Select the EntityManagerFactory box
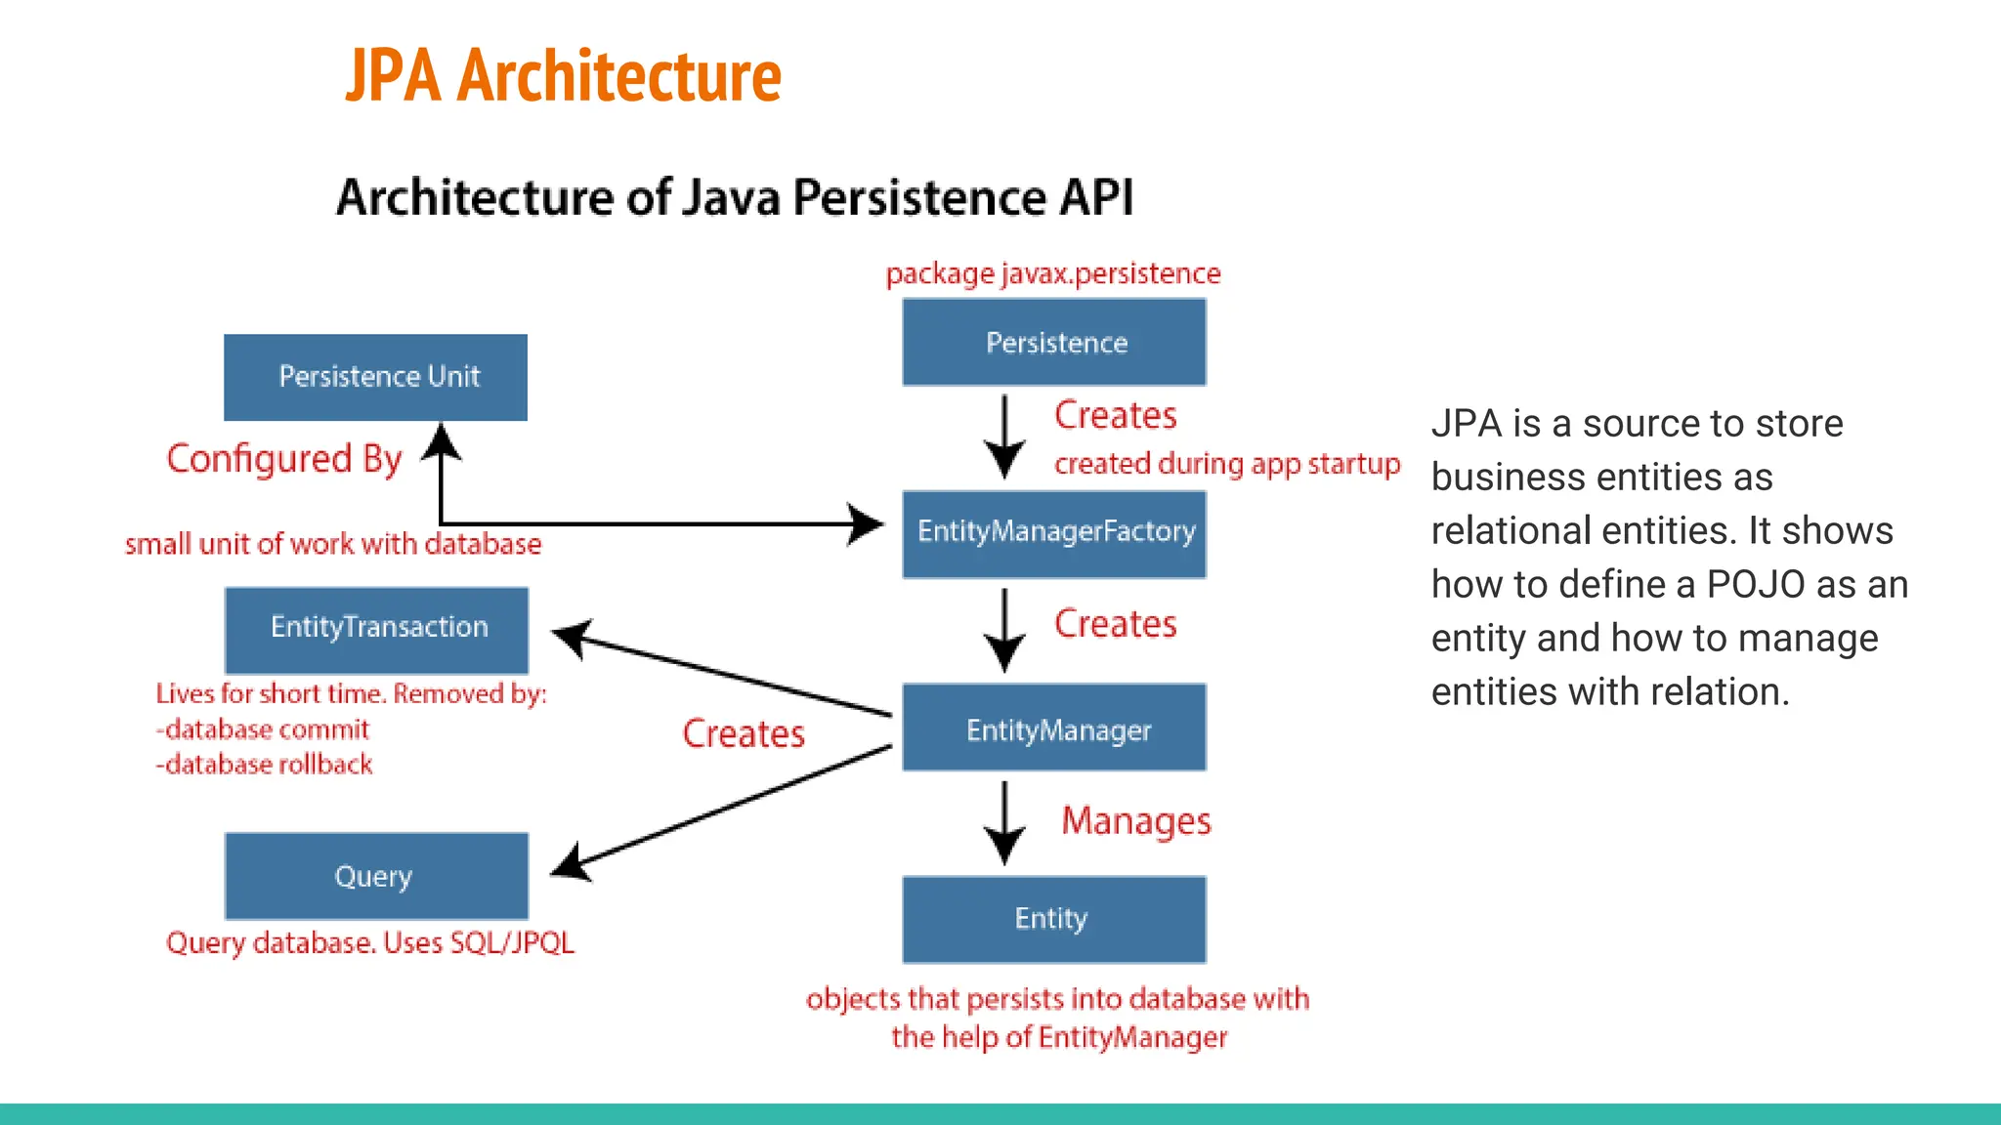1054,533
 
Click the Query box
376,876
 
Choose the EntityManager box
1054,728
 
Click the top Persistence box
1054,343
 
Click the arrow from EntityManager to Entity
1004,822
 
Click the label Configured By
283,459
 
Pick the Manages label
1135,821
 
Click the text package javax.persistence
1053,273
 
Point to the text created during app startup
1227,464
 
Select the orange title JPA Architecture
564,75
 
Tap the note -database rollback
264,765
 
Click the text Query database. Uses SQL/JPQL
369,943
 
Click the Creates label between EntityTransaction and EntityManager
744,733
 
